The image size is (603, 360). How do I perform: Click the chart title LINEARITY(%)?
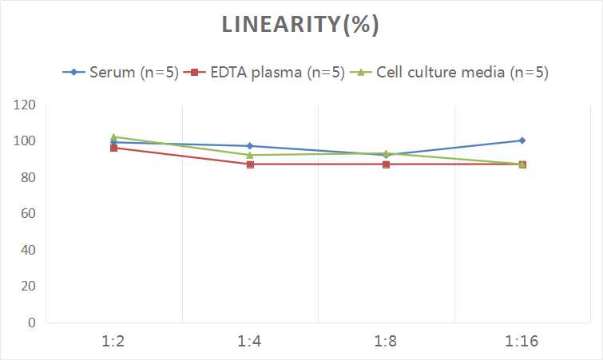tap(300, 25)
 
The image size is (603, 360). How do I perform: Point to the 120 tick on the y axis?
tap(25, 105)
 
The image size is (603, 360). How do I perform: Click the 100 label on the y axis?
tap(25, 141)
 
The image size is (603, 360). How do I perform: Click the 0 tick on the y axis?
tap(31, 322)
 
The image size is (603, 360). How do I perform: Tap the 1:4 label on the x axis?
tap(250, 341)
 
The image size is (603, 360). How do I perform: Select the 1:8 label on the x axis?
tap(386, 341)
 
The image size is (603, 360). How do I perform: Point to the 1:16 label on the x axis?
tap(522, 341)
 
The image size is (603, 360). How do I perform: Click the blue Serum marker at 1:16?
tap(522, 140)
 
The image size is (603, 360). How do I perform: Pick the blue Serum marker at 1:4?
tap(250, 146)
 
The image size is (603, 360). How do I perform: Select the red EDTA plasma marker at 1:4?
tap(250, 164)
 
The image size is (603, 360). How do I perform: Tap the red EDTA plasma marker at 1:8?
tap(386, 164)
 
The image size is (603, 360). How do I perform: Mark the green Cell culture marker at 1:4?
tap(250, 155)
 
